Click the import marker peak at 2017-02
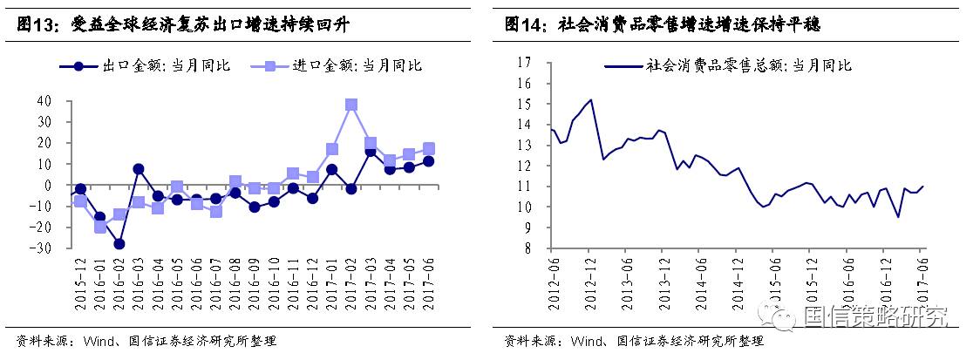click(x=351, y=105)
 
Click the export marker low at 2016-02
click(x=119, y=244)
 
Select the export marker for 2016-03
click(x=139, y=169)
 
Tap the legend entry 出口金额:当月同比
click(x=144, y=65)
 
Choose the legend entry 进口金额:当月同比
click(x=336, y=65)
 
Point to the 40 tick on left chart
click(x=44, y=101)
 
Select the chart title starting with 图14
click(x=663, y=25)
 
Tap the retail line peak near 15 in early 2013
click(x=591, y=99)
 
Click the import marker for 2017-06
click(x=428, y=149)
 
